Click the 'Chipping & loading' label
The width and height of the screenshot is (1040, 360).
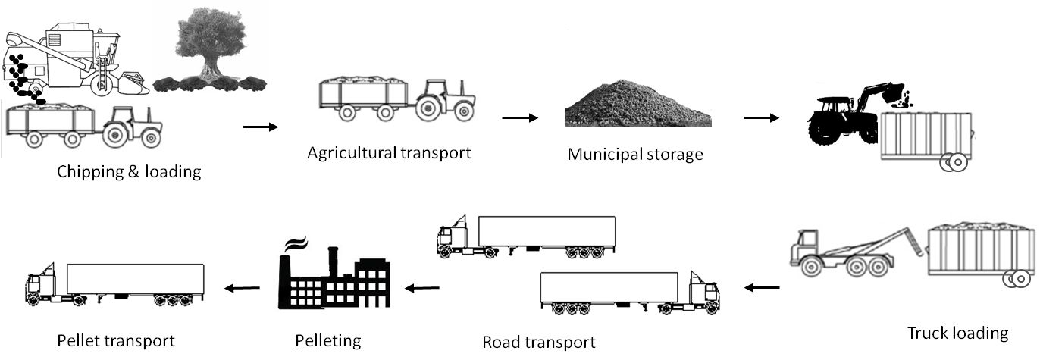tap(129, 171)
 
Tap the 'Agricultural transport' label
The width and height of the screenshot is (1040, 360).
tap(389, 152)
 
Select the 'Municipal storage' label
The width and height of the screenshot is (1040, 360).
tap(635, 155)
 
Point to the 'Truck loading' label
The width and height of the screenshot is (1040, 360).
tap(958, 332)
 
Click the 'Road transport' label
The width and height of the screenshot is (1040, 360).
tap(538, 341)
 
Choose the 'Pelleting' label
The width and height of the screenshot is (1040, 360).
tap(327, 340)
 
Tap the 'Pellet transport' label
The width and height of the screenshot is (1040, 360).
tap(116, 340)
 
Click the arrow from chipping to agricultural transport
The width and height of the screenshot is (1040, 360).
tap(260, 127)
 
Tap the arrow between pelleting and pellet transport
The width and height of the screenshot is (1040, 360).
tap(240, 287)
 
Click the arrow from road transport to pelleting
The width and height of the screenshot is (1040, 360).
tap(421, 287)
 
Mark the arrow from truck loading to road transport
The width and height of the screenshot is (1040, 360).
tap(761, 287)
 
